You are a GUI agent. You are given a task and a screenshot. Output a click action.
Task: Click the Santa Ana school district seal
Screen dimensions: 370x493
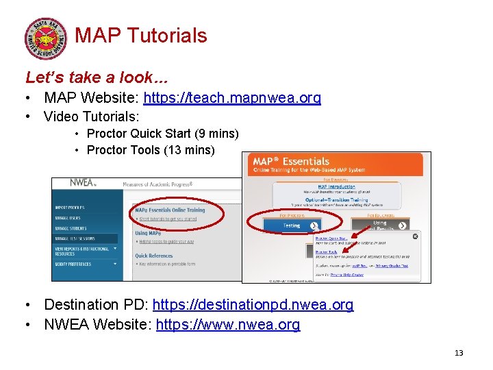pyautogui.click(x=47, y=38)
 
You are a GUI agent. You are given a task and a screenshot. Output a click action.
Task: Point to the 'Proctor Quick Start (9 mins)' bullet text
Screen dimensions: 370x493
pyautogui.click(x=163, y=134)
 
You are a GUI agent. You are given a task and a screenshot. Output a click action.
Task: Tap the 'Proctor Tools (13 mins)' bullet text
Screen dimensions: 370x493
pyautogui.click(x=151, y=150)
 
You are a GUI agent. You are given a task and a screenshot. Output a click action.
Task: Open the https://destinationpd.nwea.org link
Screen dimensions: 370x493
pyautogui.click(x=253, y=305)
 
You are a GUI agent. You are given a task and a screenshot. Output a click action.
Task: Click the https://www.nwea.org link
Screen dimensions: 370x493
pyautogui.click(x=228, y=325)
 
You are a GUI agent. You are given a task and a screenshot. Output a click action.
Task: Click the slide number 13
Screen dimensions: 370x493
pyautogui.click(x=459, y=353)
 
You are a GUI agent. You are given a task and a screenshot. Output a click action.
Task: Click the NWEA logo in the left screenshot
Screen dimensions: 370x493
pyautogui.click(x=83, y=183)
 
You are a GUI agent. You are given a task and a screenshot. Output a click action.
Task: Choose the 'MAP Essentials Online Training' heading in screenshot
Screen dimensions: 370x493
pyautogui.click(x=170, y=210)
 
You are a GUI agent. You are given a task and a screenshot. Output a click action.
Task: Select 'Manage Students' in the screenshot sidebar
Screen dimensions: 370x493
pyautogui.click(x=71, y=228)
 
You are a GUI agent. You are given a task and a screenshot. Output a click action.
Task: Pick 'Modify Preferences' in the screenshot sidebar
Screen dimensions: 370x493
pyautogui.click(x=73, y=264)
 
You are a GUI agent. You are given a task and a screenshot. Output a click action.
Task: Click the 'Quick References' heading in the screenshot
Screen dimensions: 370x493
pyautogui.click(x=154, y=256)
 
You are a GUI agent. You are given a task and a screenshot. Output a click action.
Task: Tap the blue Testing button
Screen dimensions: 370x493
pyautogui.click(x=293, y=225)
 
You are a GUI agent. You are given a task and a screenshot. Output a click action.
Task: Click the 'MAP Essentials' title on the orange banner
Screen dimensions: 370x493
pyautogui.click(x=291, y=161)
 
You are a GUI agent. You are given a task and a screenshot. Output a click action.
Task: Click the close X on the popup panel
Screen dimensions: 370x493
pyautogui.click(x=415, y=236)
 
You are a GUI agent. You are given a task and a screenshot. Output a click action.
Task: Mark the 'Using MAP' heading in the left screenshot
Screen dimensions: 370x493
pyautogui.click(x=149, y=233)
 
